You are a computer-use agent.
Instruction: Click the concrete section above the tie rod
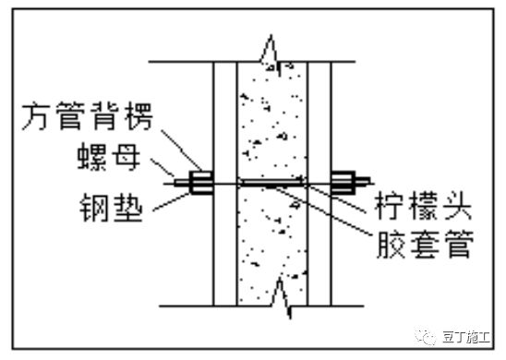click(x=272, y=120)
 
